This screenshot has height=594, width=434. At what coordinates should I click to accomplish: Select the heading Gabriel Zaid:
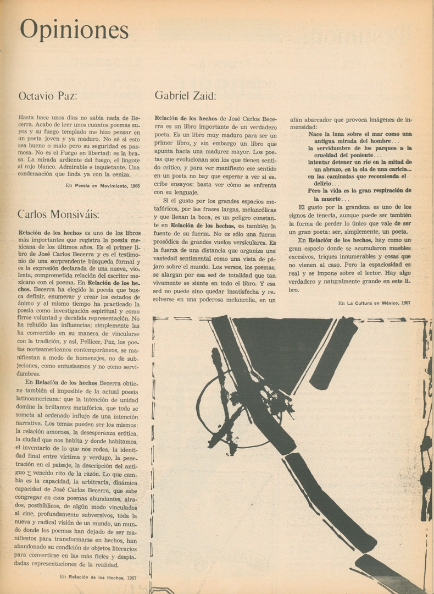[x=185, y=95]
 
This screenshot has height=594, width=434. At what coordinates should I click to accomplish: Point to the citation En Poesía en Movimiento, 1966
[x=102, y=186]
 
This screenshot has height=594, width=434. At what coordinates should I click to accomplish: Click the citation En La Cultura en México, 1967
[x=375, y=303]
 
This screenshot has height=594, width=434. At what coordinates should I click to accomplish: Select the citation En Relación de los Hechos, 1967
[x=98, y=577]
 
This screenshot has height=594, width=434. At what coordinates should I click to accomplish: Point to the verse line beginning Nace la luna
[x=360, y=134]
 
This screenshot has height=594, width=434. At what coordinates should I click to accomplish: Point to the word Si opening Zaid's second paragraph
[x=166, y=200]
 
